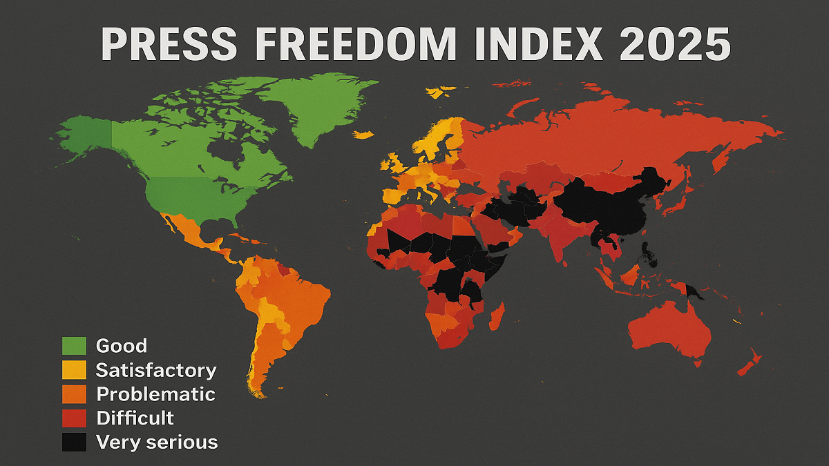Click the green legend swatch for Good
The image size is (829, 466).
[x=74, y=346]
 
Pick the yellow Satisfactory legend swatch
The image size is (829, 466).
[x=74, y=370]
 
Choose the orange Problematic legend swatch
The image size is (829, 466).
[x=74, y=394]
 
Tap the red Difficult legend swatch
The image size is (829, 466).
[x=74, y=418]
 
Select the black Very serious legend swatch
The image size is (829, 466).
[x=74, y=442]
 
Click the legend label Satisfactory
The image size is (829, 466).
[x=156, y=370]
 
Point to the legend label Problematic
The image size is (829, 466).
[x=155, y=394]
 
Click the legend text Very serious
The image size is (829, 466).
[x=157, y=442]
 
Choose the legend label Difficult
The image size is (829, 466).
[x=135, y=418]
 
